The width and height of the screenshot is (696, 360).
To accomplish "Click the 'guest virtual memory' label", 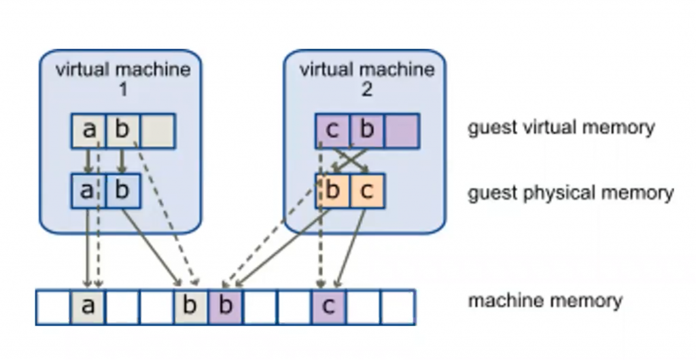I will (x=561, y=128).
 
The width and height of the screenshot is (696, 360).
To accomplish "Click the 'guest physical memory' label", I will (x=570, y=193).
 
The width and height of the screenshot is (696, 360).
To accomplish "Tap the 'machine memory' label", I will (x=544, y=300).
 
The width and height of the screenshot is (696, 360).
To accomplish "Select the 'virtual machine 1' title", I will (x=122, y=79).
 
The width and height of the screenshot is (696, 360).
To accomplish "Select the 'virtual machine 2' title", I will (x=366, y=79).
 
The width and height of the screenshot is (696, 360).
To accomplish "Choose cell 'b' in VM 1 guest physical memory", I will (x=122, y=191).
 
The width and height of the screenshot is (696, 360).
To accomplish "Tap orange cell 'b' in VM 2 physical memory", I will (x=332, y=191).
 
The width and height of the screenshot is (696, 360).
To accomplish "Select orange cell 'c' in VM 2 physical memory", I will (x=367, y=191).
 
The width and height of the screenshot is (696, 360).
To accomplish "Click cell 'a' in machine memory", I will (x=88, y=307).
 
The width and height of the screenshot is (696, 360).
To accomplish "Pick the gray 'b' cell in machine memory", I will (x=191, y=307).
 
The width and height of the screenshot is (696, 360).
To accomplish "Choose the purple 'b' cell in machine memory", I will (x=226, y=307).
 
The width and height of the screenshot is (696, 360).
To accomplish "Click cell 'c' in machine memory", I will (x=328, y=307).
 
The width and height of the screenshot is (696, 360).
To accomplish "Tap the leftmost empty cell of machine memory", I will (x=53, y=307).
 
